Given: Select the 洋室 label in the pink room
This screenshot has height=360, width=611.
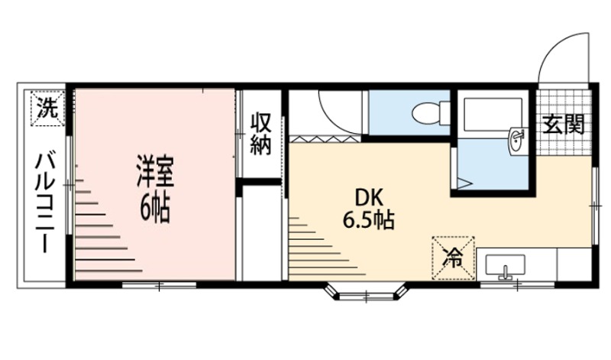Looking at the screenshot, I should point(156,172).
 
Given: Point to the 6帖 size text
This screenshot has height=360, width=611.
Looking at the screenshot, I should point(156,206).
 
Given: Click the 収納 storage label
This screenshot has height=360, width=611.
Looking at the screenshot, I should point(261,134).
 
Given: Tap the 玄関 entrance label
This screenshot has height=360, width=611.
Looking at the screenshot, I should point(564,124).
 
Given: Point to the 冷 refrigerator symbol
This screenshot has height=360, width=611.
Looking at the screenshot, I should point(454,258).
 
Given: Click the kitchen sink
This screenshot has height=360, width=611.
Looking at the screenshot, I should point(506,267).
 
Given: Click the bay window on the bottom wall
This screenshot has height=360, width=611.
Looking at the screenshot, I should point(367,293).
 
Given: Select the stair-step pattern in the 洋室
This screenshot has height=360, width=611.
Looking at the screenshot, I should point(99,229).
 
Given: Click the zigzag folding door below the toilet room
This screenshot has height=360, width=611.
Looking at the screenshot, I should point(324,138).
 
